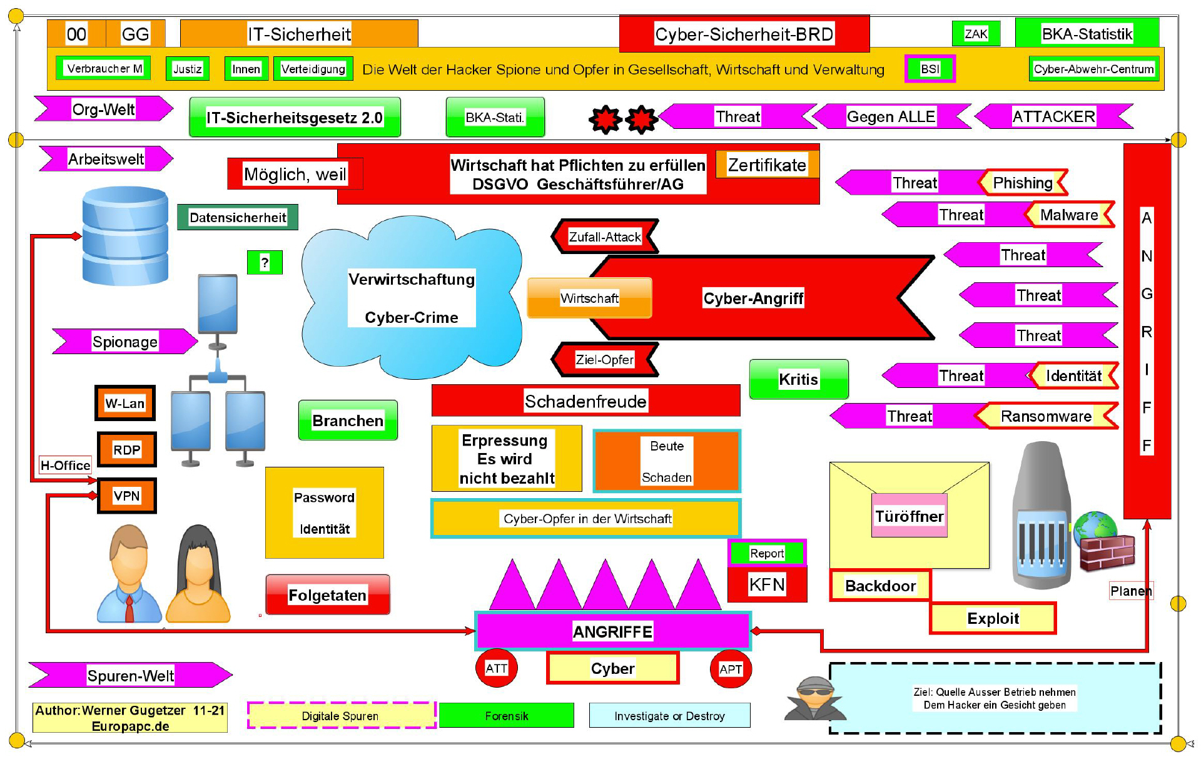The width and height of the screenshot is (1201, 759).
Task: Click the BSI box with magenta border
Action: [x=930, y=69]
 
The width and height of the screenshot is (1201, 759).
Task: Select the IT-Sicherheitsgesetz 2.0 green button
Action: [x=295, y=117]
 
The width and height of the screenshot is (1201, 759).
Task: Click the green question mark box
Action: [x=265, y=262]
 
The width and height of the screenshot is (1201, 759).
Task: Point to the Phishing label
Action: [x=1023, y=183]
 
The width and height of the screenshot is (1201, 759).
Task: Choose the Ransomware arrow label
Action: [x=1046, y=416]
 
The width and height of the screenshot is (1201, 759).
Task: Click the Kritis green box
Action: [x=799, y=379]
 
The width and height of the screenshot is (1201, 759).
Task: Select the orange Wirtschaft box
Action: [x=589, y=298]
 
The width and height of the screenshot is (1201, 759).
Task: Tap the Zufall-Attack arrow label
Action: [x=604, y=237]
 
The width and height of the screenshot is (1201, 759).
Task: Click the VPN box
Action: [x=126, y=496]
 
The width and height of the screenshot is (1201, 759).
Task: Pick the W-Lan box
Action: [x=125, y=403]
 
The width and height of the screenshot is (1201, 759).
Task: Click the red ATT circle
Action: [x=497, y=668]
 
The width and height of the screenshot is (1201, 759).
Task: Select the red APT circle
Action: [x=731, y=669]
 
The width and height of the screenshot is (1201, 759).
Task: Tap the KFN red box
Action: [x=767, y=585]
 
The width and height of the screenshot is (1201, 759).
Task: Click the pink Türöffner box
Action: [x=909, y=516]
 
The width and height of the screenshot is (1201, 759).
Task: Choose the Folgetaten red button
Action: [x=327, y=594]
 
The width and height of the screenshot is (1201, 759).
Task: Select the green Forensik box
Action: [x=506, y=715]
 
